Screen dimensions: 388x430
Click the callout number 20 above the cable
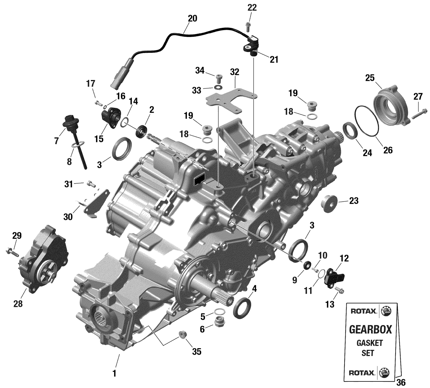192,18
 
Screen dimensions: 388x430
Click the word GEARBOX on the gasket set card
370,329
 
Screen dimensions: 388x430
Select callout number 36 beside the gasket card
401,382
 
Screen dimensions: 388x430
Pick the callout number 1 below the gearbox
114,374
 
